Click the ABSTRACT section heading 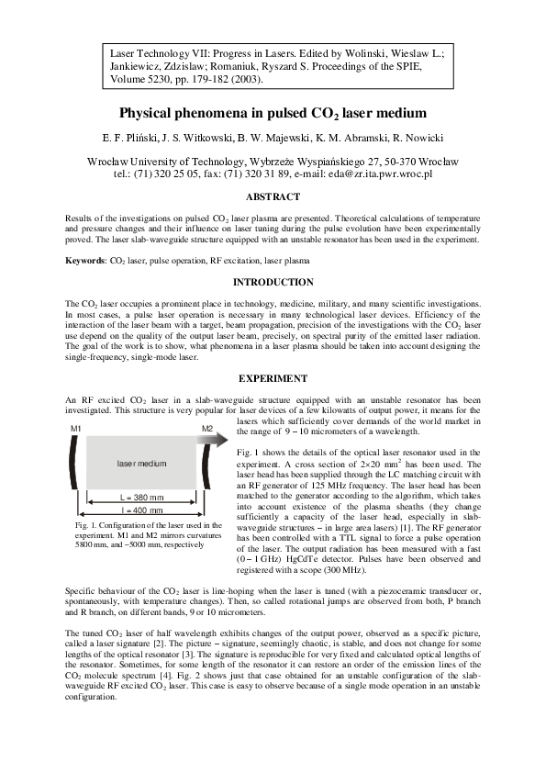point(273,197)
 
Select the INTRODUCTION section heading point(273,283)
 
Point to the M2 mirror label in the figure point(207,430)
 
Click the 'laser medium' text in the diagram point(141,465)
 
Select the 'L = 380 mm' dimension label point(141,497)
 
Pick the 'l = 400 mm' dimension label point(141,510)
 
